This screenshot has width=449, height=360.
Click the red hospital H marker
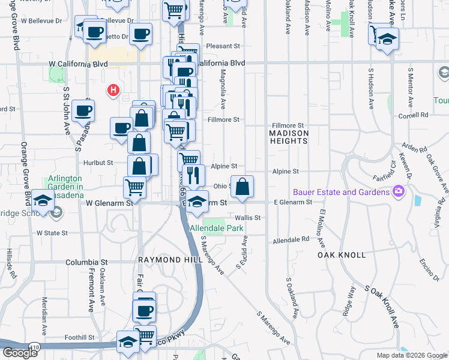112,91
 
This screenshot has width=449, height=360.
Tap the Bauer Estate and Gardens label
341,192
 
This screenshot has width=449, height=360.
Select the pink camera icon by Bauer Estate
398,192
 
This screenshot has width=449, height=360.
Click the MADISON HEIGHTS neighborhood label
289,137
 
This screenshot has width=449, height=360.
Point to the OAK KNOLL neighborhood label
342,255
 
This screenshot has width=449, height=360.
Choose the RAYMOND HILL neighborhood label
167,260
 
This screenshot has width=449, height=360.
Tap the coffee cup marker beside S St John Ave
83,110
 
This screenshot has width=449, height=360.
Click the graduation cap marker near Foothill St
128,341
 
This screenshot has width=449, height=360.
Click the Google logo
20,353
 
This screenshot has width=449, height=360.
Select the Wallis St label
249,218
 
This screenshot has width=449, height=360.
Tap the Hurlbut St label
99,163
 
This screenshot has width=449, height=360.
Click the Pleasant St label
223,46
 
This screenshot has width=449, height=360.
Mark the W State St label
50,232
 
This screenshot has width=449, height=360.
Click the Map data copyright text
412,355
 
